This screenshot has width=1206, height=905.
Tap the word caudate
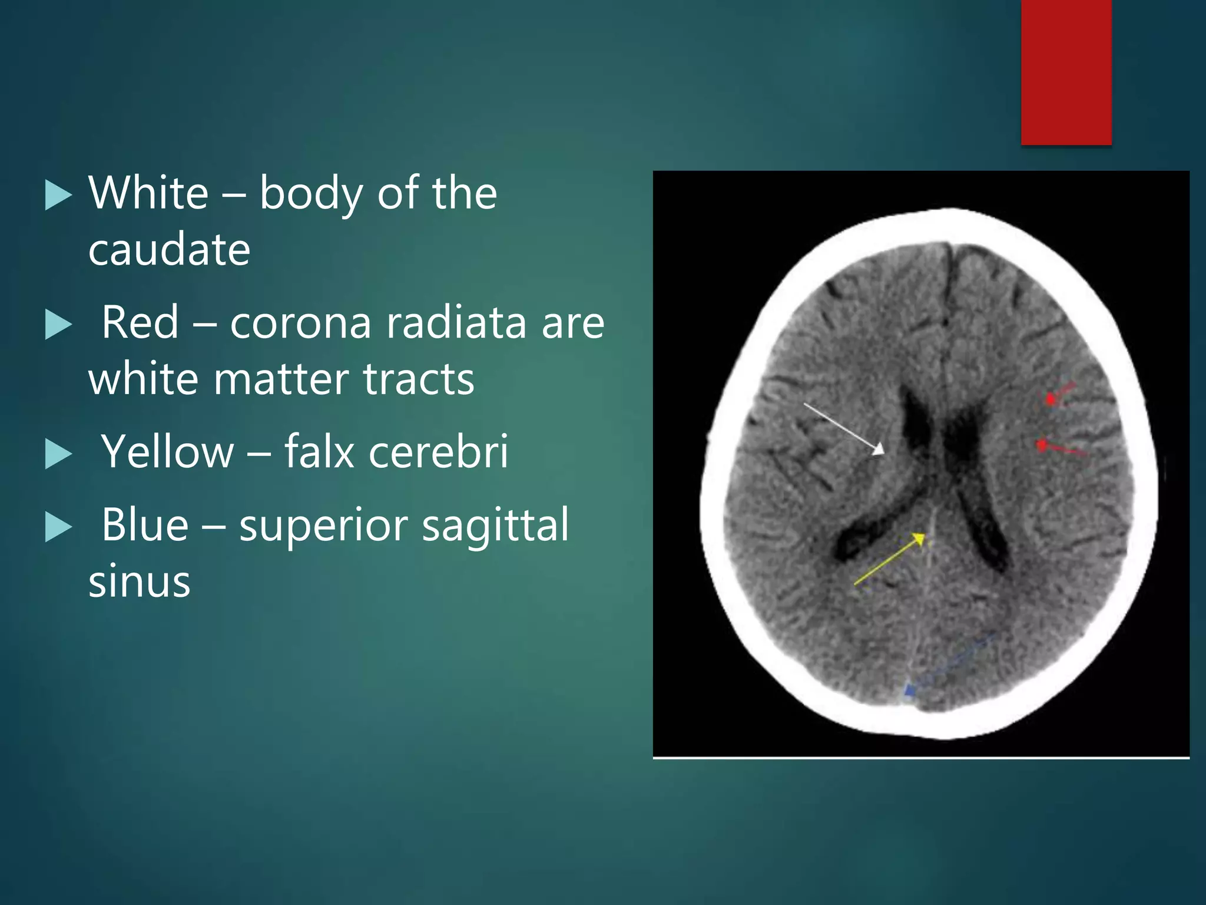[170, 249]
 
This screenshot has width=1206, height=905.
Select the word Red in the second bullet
[140, 322]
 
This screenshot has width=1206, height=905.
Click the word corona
[300, 323]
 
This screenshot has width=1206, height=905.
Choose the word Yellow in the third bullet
[168, 451]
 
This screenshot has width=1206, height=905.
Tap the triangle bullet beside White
[58, 195]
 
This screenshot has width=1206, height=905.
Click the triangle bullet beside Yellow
[58, 454]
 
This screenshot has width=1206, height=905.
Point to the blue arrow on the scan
[948, 663]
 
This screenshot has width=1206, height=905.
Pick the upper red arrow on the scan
[1061, 393]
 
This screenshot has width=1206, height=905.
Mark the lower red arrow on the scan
[1060, 449]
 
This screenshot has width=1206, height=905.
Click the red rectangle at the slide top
[1066, 72]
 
